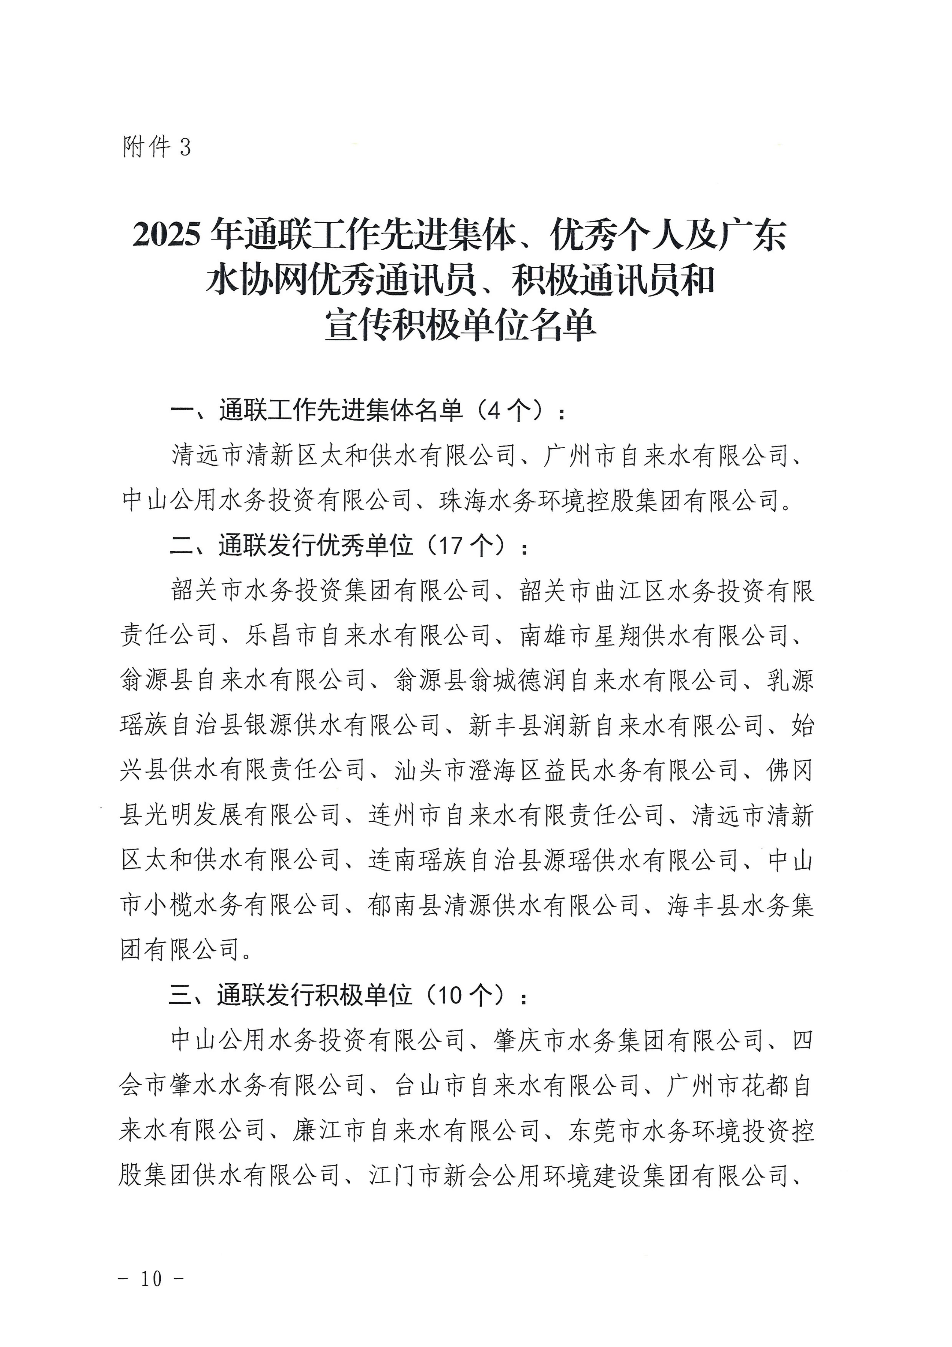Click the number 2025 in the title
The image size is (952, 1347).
tap(166, 235)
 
